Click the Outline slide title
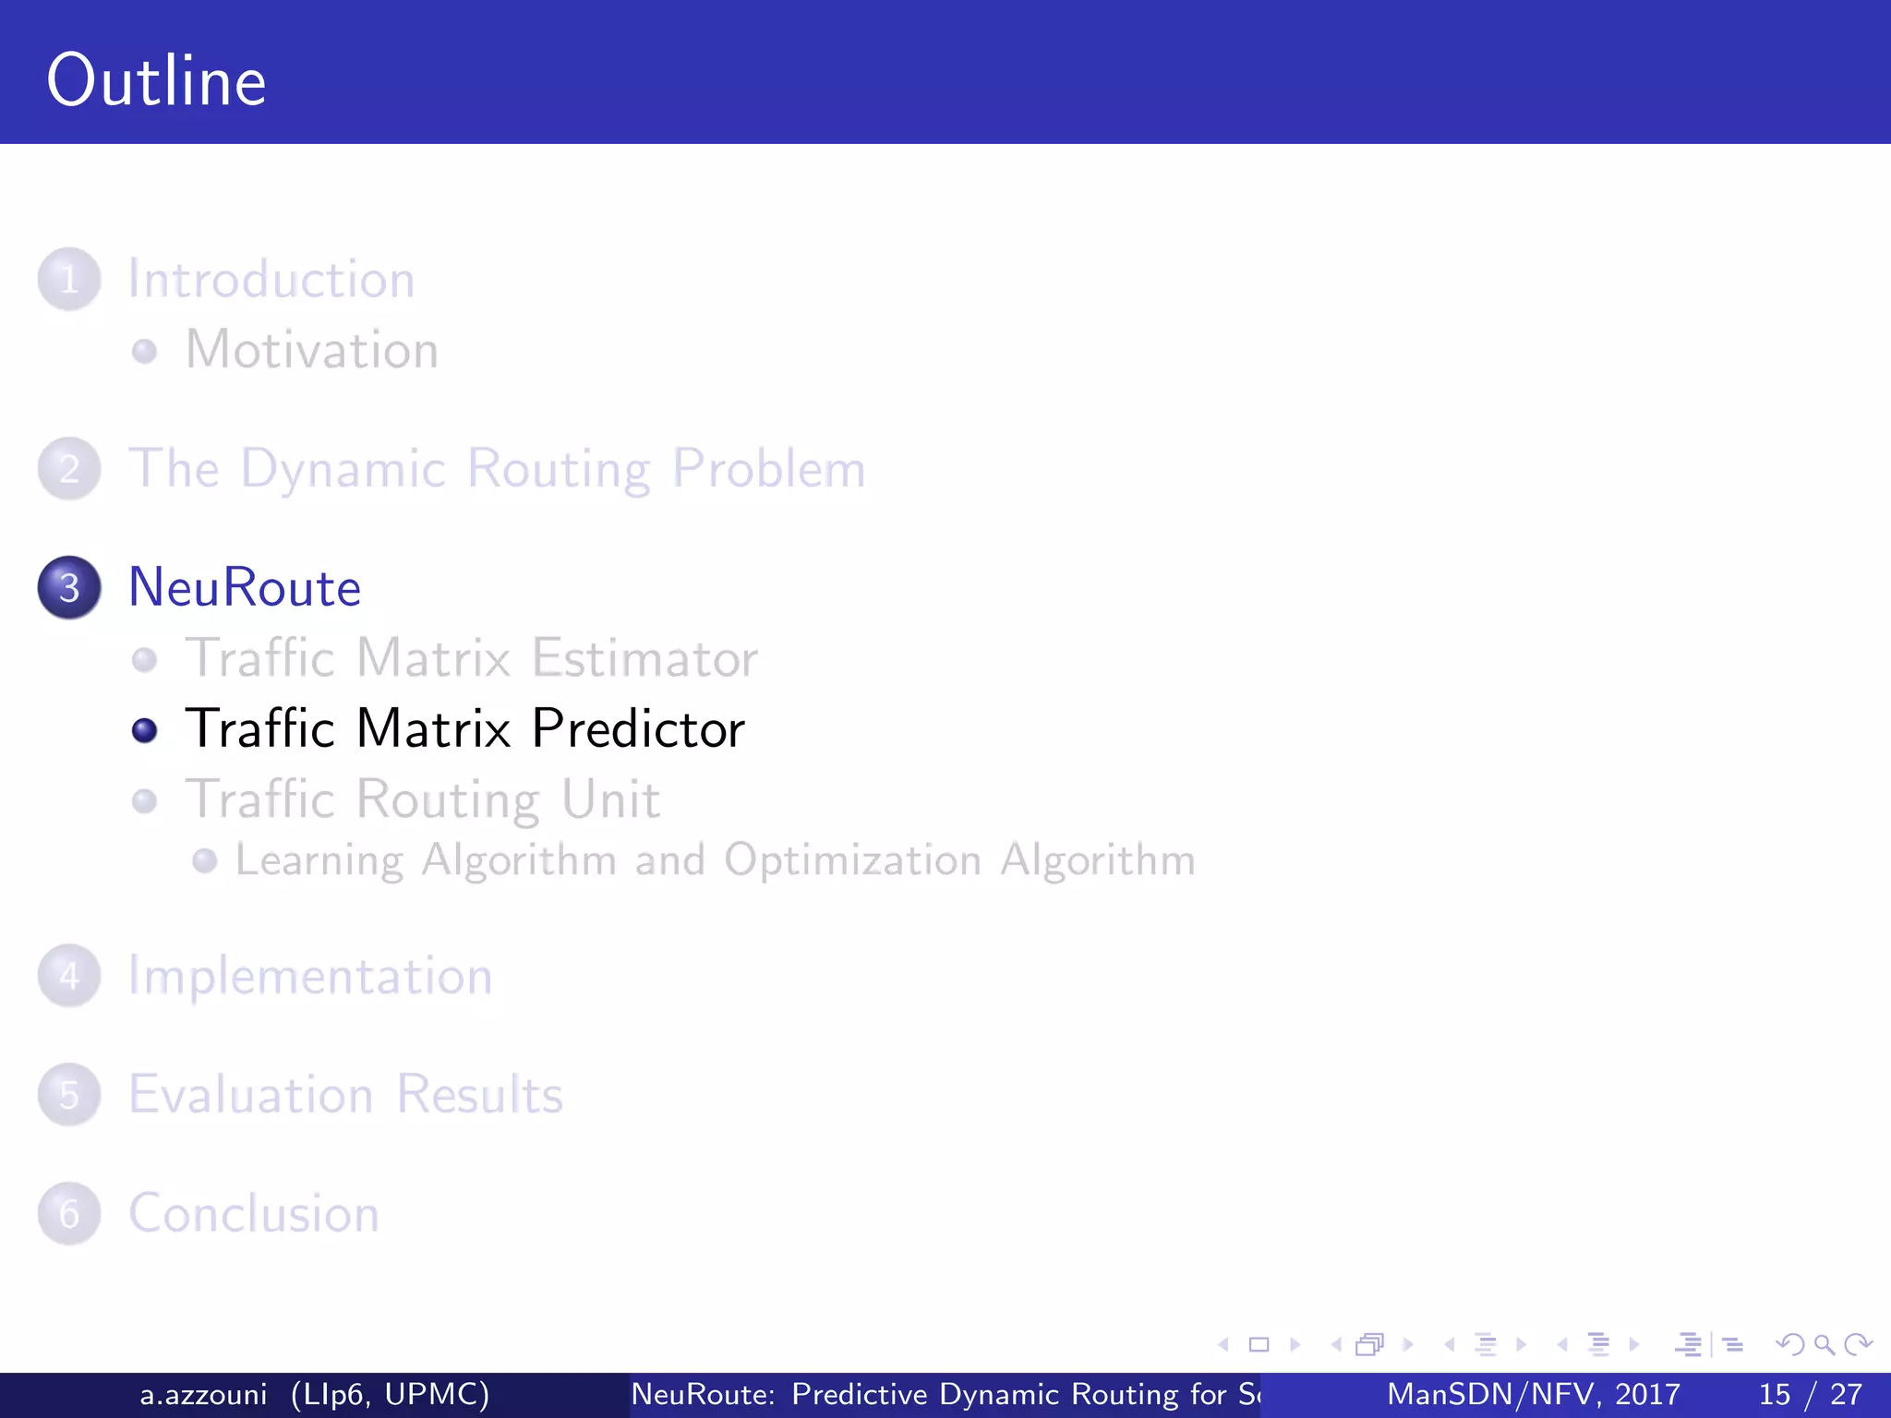point(157,81)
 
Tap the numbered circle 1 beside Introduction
point(69,279)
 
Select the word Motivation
point(312,350)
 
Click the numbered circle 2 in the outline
point(69,469)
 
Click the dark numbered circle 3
point(69,587)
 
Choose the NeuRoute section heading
point(245,587)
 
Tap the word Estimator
point(644,658)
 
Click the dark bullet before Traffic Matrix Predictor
point(145,730)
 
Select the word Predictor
point(638,729)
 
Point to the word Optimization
point(852,860)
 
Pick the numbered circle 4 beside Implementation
point(69,976)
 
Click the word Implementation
point(310,977)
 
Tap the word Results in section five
point(479,1095)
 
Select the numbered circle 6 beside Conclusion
point(69,1214)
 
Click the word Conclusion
point(254,1214)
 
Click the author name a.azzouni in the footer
point(203,1394)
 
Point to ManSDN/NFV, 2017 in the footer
point(1533,1394)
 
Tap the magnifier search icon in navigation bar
point(1824,1345)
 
